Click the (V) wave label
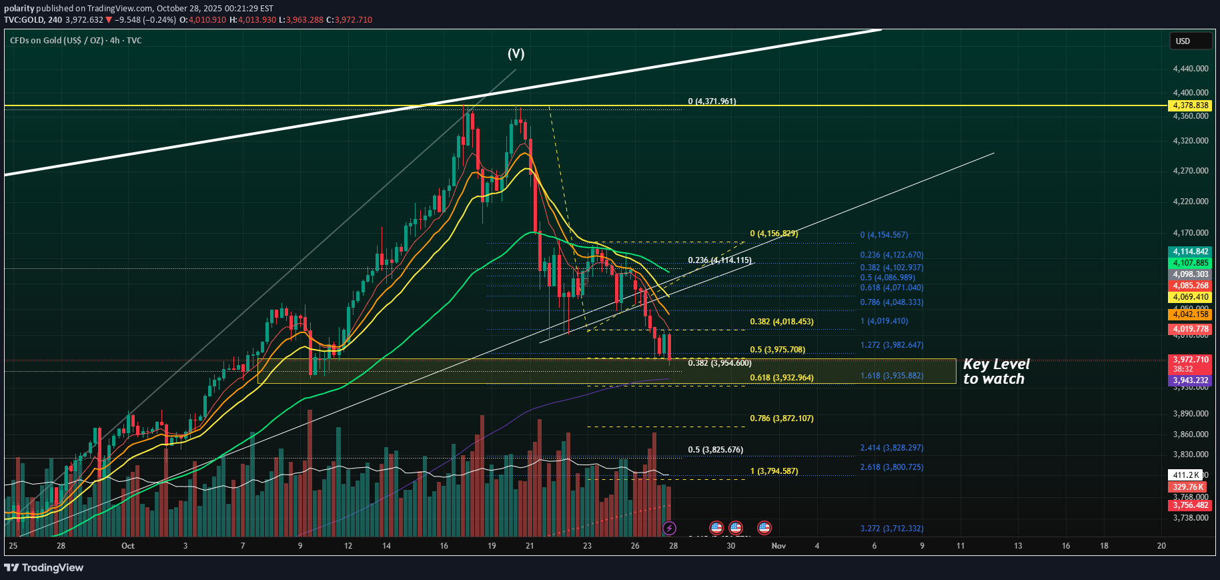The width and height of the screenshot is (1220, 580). pos(516,54)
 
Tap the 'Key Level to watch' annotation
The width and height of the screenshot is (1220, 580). pos(996,372)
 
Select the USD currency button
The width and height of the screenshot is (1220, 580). pos(1190,41)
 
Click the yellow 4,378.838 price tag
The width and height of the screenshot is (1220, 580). pos(1191,105)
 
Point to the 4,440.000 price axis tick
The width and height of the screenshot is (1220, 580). pos(1191,69)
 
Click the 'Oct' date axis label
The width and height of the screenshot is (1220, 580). pos(128,546)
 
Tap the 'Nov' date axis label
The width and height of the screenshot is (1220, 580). pos(778,546)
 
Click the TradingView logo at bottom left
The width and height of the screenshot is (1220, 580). pos(44,568)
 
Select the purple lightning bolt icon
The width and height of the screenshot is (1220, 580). pos(669,529)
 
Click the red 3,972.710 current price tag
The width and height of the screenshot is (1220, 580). pos(1191,360)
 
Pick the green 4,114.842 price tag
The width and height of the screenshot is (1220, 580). pos(1191,252)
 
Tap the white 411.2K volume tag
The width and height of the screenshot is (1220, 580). pos(1185,475)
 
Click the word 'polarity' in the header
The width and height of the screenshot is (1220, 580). pos(19,9)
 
